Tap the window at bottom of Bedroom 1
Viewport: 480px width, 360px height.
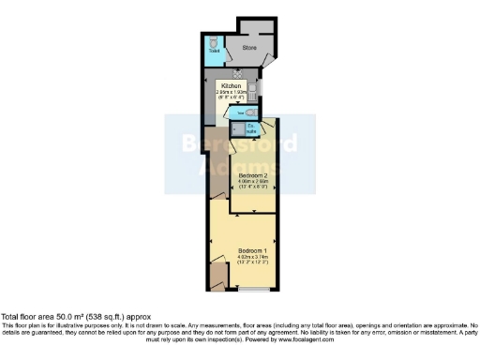click(250, 292)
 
